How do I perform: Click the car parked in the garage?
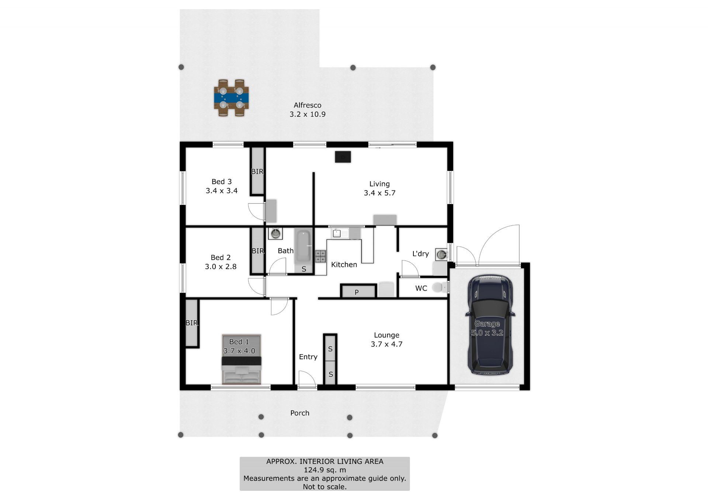click(490, 324)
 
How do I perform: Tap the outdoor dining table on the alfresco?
click(231, 98)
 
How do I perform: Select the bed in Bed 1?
click(242, 359)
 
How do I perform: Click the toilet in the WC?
click(440, 287)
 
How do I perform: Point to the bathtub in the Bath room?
click(304, 246)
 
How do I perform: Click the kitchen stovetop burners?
click(320, 256)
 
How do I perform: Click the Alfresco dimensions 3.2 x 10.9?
click(308, 114)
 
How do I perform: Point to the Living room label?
click(379, 184)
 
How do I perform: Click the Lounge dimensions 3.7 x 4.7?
click(386, 344)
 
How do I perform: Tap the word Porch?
click(300, 413)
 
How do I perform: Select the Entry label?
click(308, 357)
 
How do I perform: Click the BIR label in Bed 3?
click(257, 171)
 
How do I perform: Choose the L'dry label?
click(420, 254)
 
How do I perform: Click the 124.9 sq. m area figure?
click(325, 470)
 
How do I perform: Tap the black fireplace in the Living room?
click(343, 157)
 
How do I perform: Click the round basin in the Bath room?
click(275, 233)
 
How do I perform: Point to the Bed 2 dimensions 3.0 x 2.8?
click(221, 266)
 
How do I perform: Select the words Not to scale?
click(325, 487)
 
